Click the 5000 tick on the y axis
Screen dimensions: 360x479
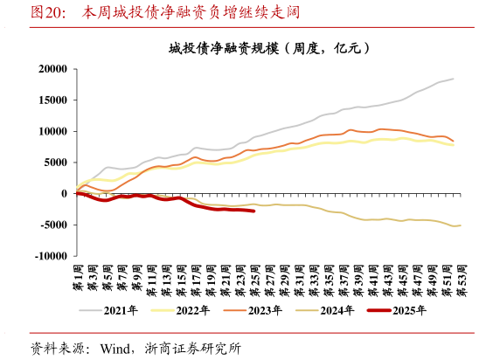pyautogui.click(x=55, y=163)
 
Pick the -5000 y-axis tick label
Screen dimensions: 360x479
pyautogui.click(x=53, y=225)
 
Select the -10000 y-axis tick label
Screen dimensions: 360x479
pyautogui.click(x=51, y=257)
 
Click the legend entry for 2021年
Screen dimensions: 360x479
pyautogui.click(x=115, y=309)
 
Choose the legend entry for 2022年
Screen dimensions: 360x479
pyautogui.click(x=185, y=309)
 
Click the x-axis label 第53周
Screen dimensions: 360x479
pyautogui.click(x=462, y=280)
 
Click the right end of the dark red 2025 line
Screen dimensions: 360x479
pyautogui.click(x=253, y=211)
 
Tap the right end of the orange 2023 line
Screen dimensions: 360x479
pyautogui.click(x=453, y=141)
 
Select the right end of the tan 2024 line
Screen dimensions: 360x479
pyautogui.click(x=461, y=225)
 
